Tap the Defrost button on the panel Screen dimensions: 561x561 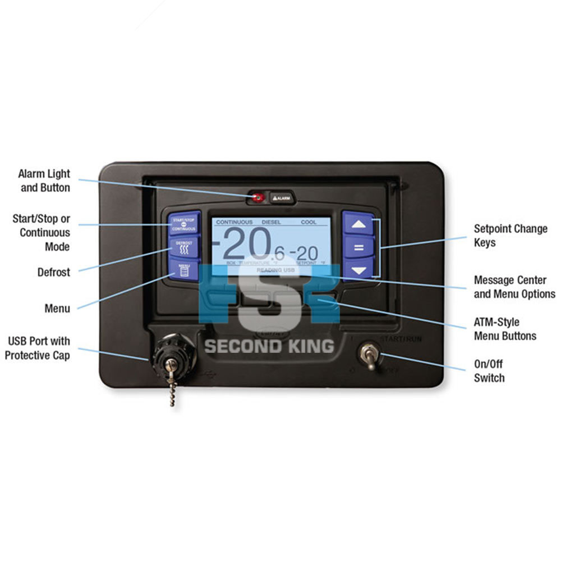point(184,247)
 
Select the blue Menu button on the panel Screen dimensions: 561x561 point(184,270)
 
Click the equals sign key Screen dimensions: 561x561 point(358,247)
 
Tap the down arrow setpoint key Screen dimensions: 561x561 point(358,270)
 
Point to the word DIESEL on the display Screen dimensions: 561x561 point(272,222)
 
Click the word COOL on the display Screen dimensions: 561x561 point(309,222)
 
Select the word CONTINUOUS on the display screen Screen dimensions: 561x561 point(234,222)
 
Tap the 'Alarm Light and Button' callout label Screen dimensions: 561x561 point(44,181)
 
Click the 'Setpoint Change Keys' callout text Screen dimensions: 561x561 point(511,236)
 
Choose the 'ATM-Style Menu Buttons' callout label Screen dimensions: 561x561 point(505,329)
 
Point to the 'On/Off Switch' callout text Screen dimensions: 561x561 point(489,371)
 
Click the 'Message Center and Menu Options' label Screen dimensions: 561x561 point(514,287)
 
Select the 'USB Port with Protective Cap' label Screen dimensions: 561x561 point(39,348)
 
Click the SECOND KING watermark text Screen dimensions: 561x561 point(269,346)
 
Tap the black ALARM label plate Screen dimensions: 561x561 point(282,198)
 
